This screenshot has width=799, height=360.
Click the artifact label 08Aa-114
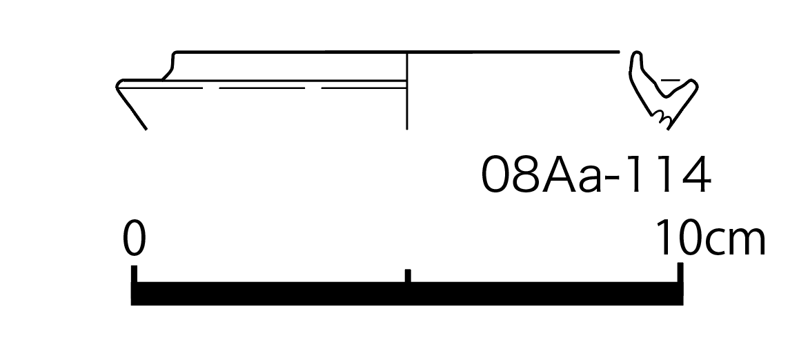pos(595,174)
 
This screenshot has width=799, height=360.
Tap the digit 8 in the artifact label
pos(524,174)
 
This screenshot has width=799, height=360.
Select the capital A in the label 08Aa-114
pos(559,174)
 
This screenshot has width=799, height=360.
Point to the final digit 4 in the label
pos(695,174)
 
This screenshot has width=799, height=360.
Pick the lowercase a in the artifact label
pos(590,179)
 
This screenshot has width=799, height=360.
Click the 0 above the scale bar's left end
pos(134,238)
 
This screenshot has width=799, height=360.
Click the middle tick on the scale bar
pos(408,275)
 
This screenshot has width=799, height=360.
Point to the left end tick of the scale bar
pos(134,273)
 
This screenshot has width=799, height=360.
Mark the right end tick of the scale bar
pos(680,272)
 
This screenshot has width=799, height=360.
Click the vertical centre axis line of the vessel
pos(406,90)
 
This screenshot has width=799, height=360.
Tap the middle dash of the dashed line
pos(262,88)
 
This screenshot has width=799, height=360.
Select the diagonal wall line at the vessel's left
pos(132,108)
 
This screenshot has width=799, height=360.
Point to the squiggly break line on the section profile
pos(662,118)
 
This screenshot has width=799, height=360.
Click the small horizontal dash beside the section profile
pos(670,80)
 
